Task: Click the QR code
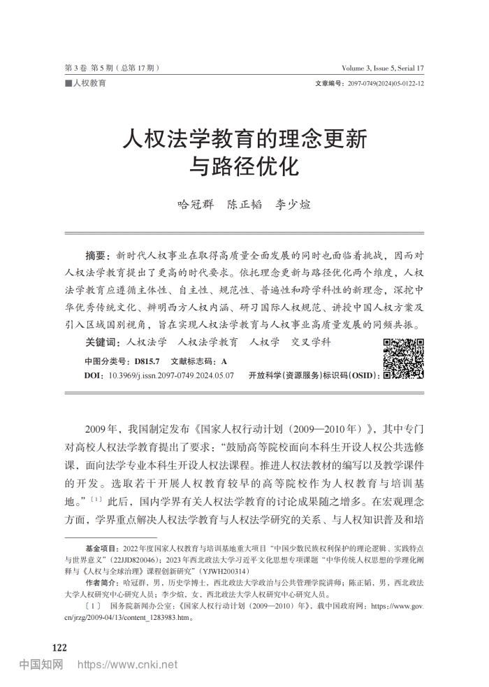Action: click(403, 358)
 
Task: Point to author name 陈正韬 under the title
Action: click(244, 205)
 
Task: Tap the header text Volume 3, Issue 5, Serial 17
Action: click(383, 68)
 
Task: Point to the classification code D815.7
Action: click(147, 361)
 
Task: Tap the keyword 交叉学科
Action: click(312, 342)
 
